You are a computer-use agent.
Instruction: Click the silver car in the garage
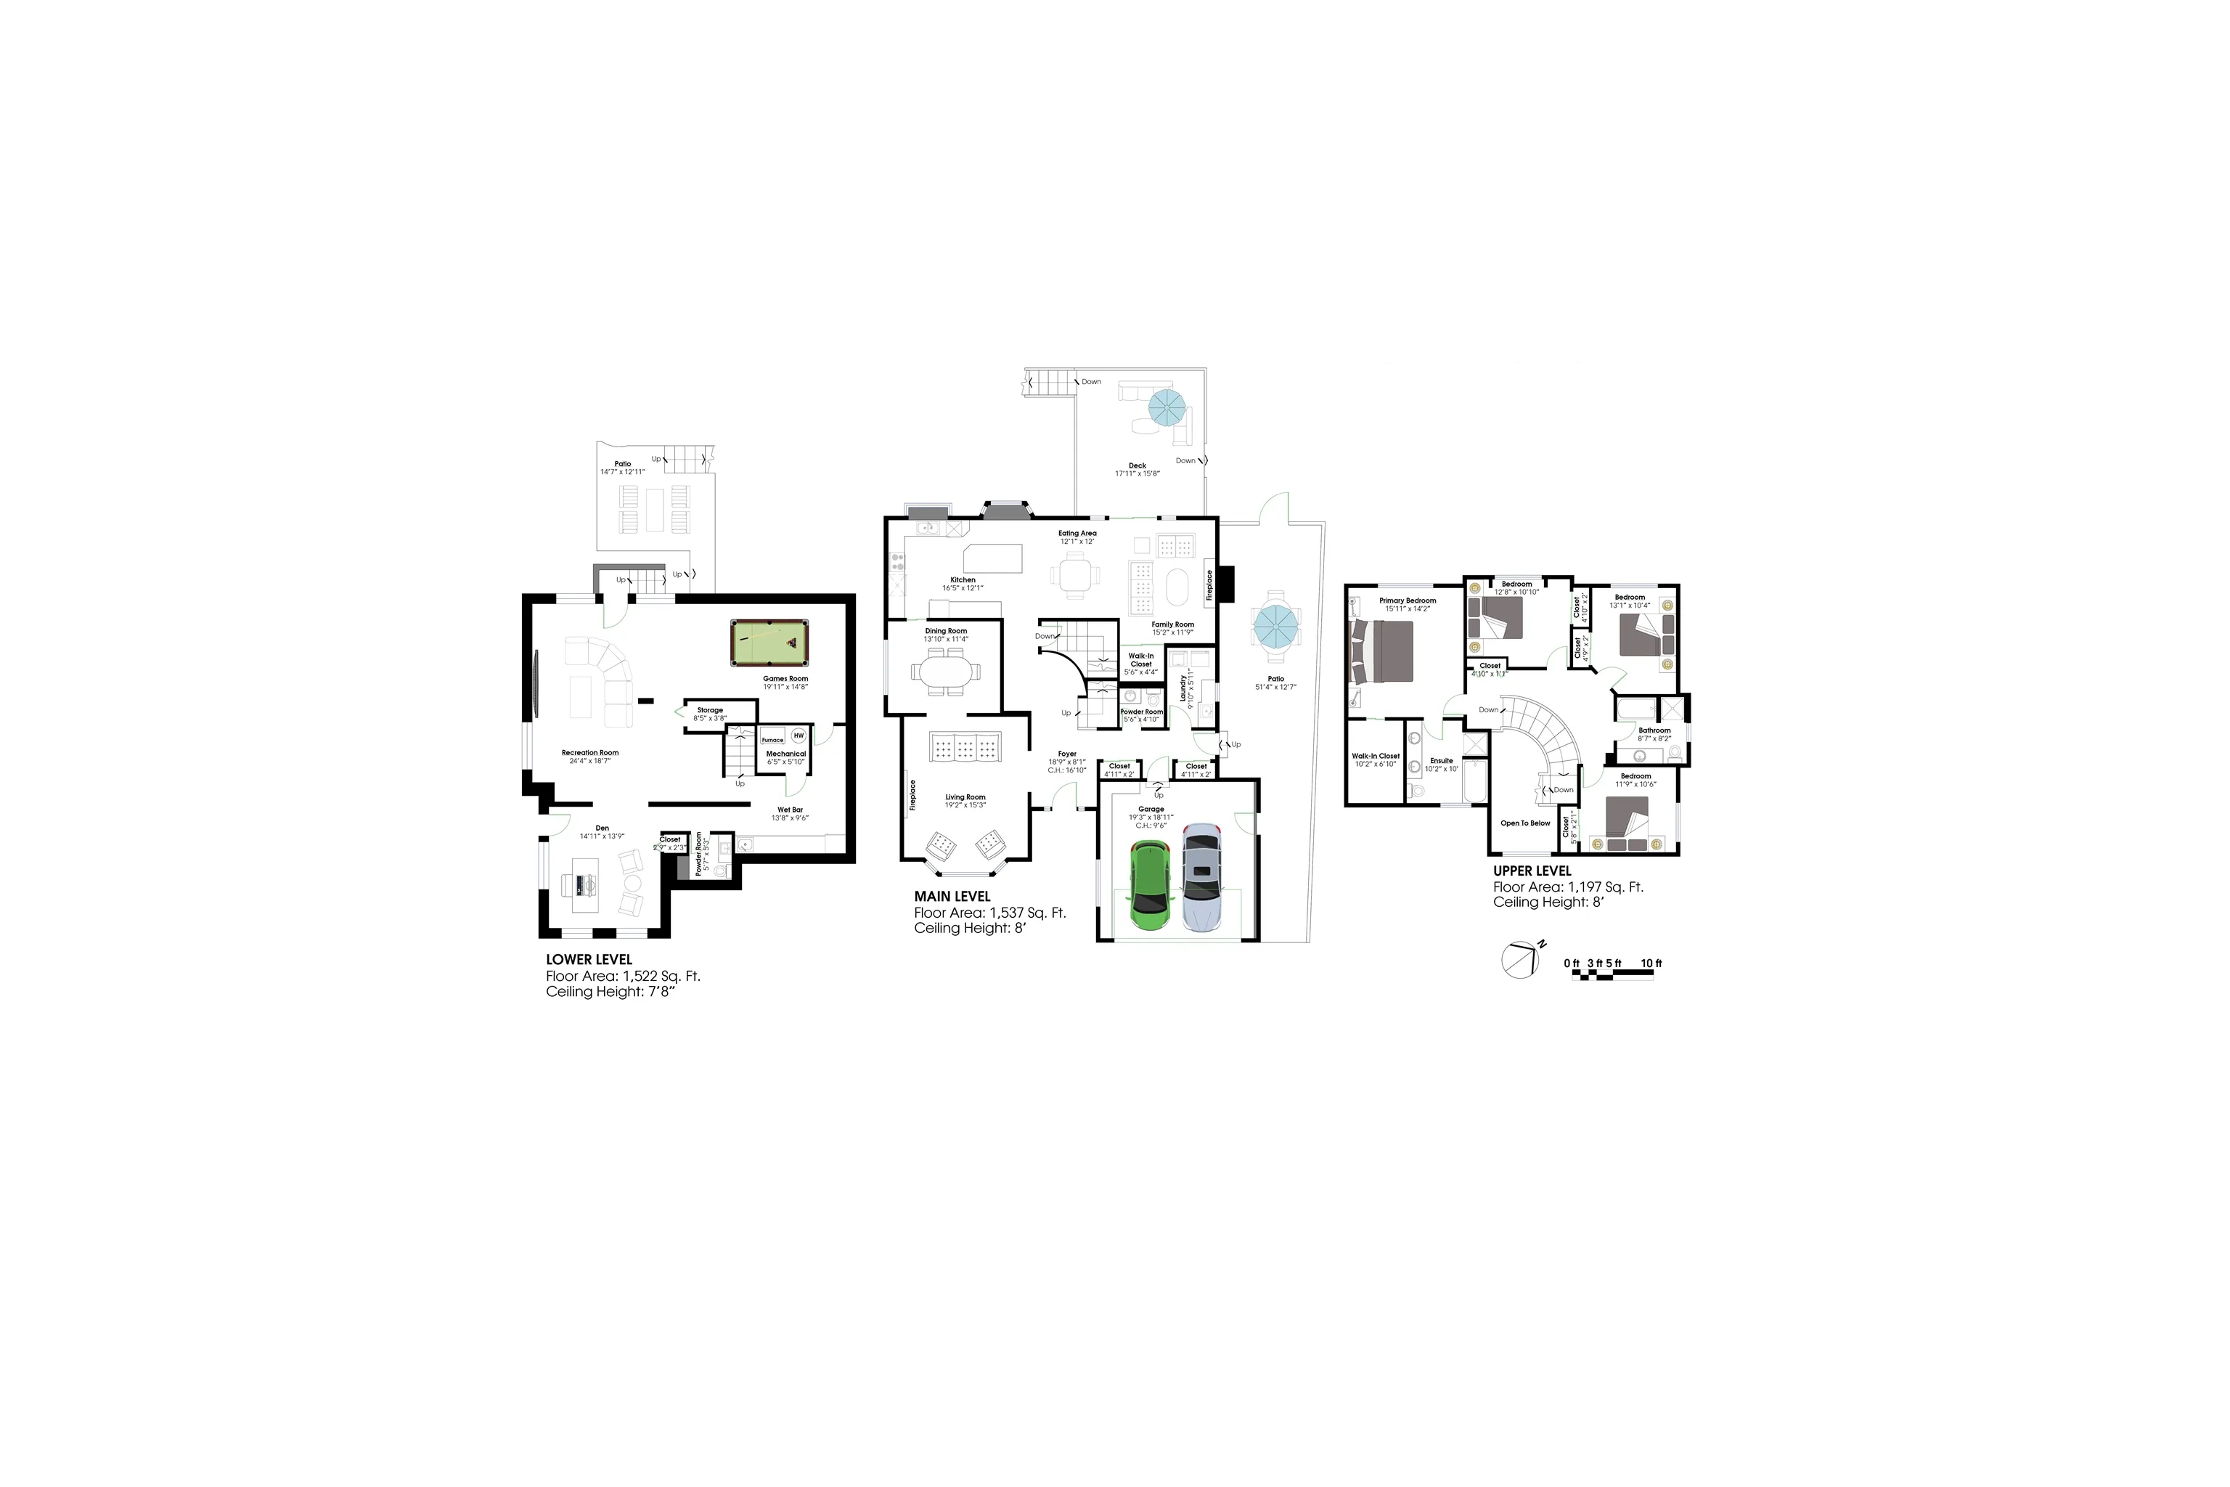tap(1201, 876)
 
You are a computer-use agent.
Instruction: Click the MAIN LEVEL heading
tap(952, 896)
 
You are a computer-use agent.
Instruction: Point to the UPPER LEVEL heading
tap(1531, 871)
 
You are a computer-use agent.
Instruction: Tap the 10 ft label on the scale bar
tap(1651, 964)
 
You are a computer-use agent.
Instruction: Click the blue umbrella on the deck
tap(1167, 409)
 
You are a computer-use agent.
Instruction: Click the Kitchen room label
tap(963, 580)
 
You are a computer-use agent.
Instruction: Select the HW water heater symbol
tap(799, 735)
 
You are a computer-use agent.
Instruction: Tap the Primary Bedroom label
tap(1407, 600)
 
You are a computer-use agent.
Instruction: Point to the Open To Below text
tap(1524, 823)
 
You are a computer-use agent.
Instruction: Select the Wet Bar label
tap(790, 810)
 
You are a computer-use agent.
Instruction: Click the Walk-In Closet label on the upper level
tap(1375, 756)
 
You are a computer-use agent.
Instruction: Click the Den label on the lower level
tap(602, 828)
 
